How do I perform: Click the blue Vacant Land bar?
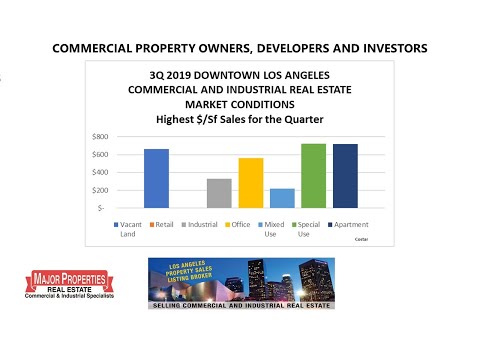(156, 178)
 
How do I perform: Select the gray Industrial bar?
(219, 193)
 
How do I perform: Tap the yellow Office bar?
(250, 183)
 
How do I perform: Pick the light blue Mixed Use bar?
(282, 198)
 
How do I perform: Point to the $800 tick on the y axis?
(100, 135)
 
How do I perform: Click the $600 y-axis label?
(100, 153)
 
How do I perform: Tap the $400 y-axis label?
(100, 171)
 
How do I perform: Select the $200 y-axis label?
(100, 189)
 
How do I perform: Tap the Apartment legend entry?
(355, 226)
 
